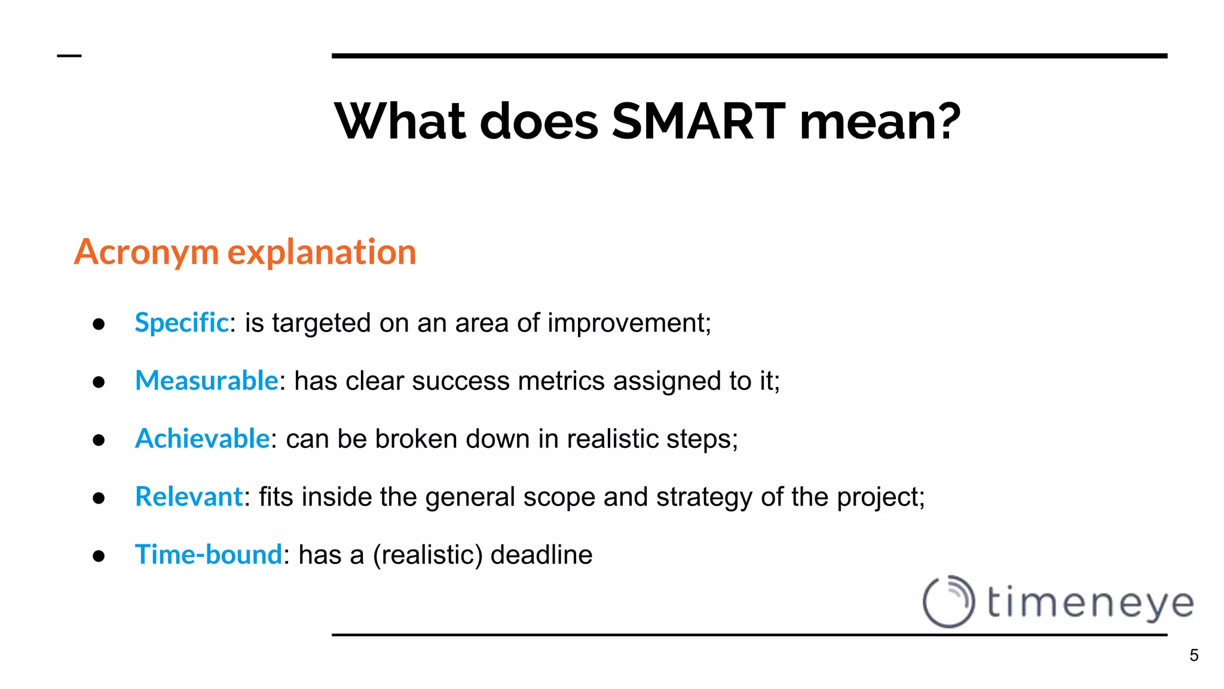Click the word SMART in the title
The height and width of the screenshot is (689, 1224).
pyautogui.click(x=698, y=121)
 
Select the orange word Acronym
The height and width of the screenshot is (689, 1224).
pyautogui.click(x=146, y=252)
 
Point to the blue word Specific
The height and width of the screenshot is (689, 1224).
pyautogui.click(x=182, y=323)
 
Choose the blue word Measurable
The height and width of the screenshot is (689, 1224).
pyautogui.click(x=207, y=381)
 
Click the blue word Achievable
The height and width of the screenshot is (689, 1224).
pyautogui.click(x=203, y=439)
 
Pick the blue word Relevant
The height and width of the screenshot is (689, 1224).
pyautogui.click(x=189, y=497)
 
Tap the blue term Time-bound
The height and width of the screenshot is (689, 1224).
pyautogui.click(x=209, y=554)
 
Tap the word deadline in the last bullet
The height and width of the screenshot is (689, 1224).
pyautogui.click(x=541, y=555)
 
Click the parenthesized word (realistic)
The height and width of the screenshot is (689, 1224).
pyautogui.click(x=427, y=555)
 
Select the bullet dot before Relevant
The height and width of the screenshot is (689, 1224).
pyautogui.click(x=99, y=498)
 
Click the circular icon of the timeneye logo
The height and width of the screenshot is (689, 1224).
pyautogui.click(x=948, y=602)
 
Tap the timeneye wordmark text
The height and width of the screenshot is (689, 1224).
pyautogui.click(x=1090, y=603)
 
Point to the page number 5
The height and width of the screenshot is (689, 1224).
pyautogui.click(x=1194, y=656)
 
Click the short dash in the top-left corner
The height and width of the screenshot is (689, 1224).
pyautogui.click(x=69, y=56)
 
